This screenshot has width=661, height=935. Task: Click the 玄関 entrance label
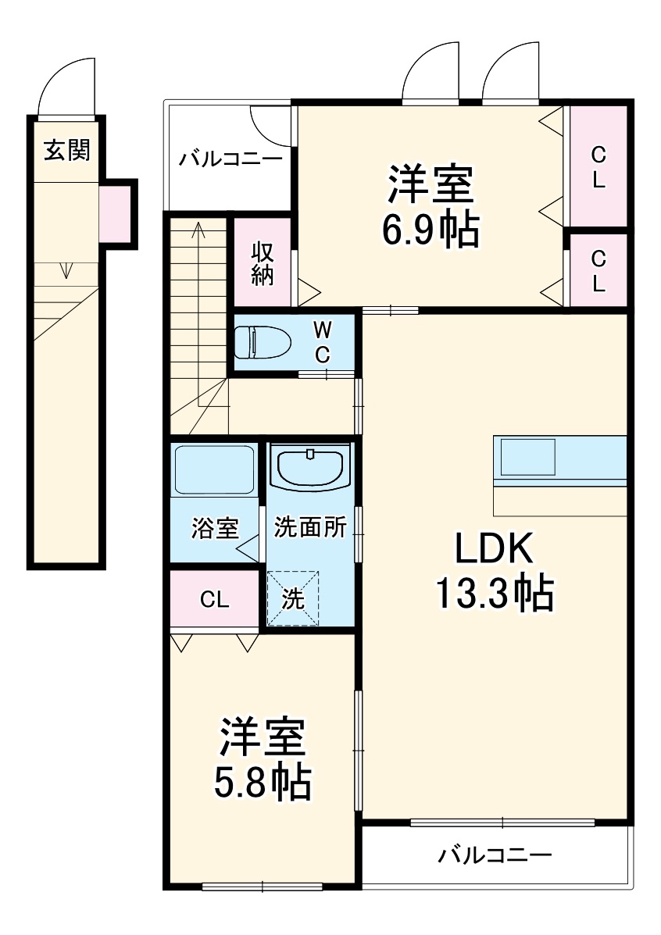tap(66, 150)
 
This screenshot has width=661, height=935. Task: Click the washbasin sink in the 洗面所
tap(309, 469)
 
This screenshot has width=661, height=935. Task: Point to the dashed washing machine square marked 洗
tap(293, 598)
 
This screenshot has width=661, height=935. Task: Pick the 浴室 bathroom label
tap(215, 529)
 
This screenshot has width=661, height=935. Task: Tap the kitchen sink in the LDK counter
tap(528, 457)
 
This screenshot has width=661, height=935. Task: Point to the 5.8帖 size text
tap(263, 782)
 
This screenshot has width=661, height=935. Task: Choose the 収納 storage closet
tap(263, 263)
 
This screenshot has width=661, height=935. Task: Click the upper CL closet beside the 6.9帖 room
tap(598, 166)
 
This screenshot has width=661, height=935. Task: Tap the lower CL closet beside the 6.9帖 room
tap(598, 270)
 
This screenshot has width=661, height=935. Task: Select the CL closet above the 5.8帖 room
tap(214, 599)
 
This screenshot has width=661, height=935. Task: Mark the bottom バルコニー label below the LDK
tap(494, 855)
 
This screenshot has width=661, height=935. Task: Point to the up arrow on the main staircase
tap(199, 230)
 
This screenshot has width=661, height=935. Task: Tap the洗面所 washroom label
tap(310, 527)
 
